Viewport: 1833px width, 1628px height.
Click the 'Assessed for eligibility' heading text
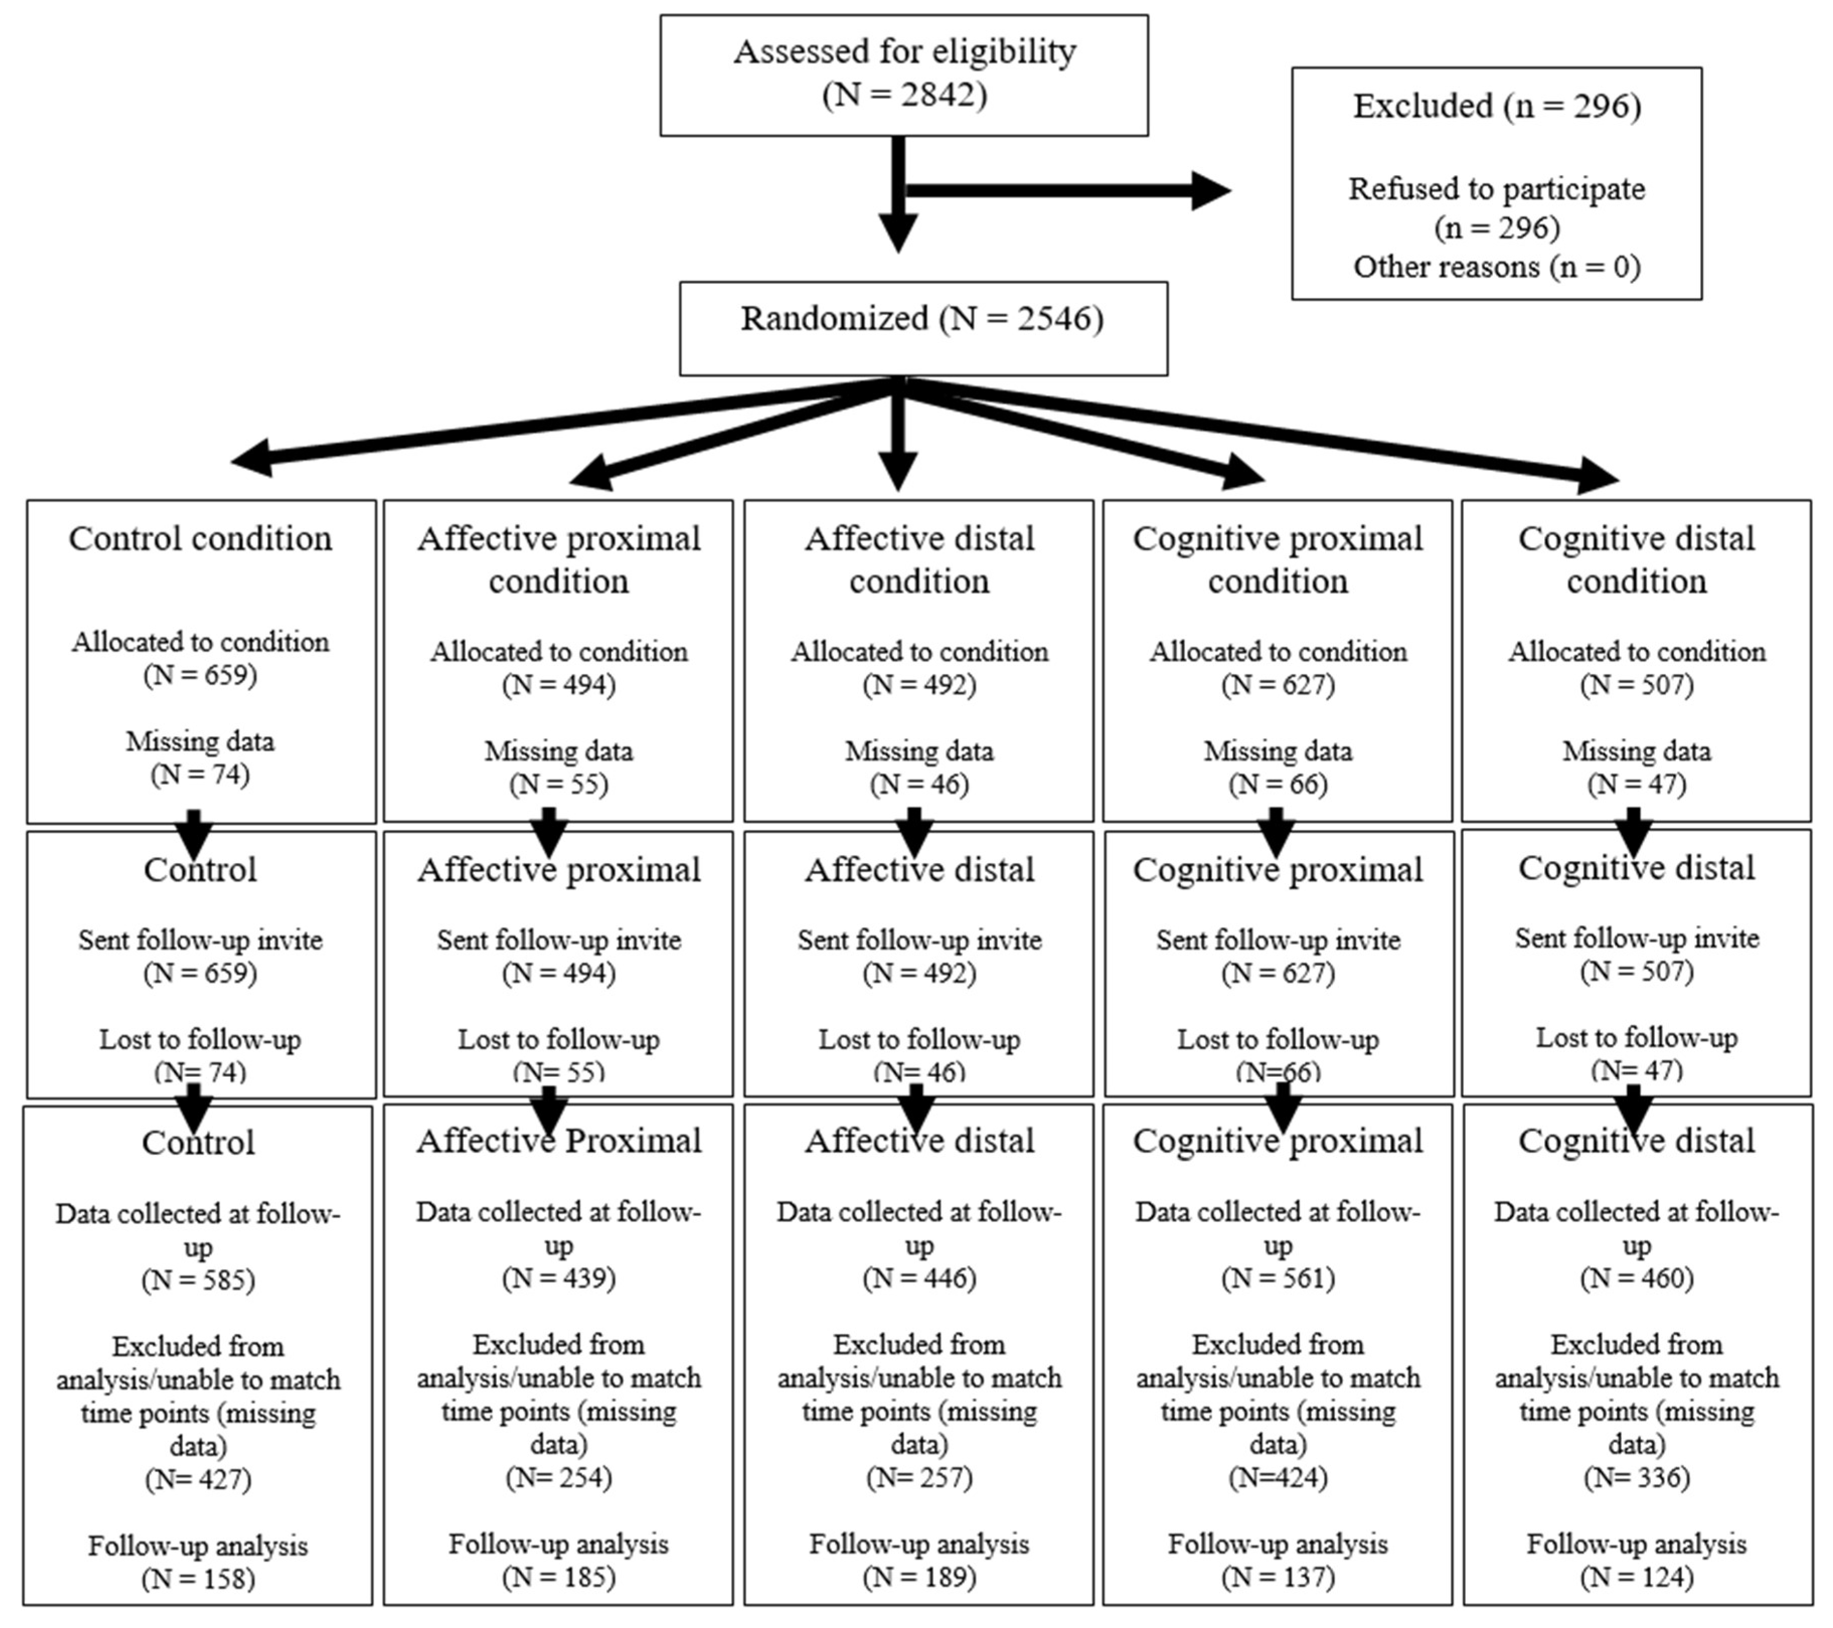[904, 51]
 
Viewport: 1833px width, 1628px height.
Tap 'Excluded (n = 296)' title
[1496, 106]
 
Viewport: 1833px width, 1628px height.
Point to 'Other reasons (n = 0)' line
[1496, 266]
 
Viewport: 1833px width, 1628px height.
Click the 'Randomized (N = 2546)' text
[922, 319]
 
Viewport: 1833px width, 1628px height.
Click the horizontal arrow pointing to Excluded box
[1067, 190]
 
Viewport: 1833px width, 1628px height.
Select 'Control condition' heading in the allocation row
[200, 538]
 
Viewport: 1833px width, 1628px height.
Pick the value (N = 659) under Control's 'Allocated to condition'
[200, 674]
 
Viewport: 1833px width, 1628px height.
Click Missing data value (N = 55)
[559, 784]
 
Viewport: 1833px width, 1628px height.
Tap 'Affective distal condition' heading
[919, 559]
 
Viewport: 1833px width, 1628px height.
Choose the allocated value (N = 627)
[1278, 684]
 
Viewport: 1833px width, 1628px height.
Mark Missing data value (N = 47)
[1637, 784]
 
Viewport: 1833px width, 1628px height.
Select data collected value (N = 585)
[198, 1279]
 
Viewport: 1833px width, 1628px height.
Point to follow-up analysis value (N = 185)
[559, 1576]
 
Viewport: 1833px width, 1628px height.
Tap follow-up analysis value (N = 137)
[1278, 1576]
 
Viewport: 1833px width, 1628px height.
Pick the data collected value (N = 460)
[1637, 1277]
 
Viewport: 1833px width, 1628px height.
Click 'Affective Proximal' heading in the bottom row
[559, 1141]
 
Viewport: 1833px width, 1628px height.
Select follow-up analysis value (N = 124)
[1637, 1576]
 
